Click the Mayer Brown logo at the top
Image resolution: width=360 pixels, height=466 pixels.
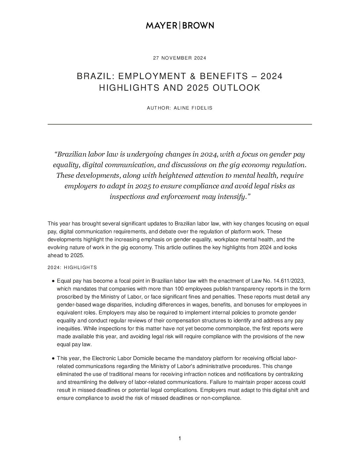(180, 25)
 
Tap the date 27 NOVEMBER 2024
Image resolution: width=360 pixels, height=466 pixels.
(180, 58)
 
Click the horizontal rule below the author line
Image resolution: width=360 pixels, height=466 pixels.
(180, 124)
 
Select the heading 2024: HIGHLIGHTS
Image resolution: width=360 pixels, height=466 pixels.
(72, 267)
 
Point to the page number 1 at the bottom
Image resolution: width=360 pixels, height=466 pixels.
(180, 439)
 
